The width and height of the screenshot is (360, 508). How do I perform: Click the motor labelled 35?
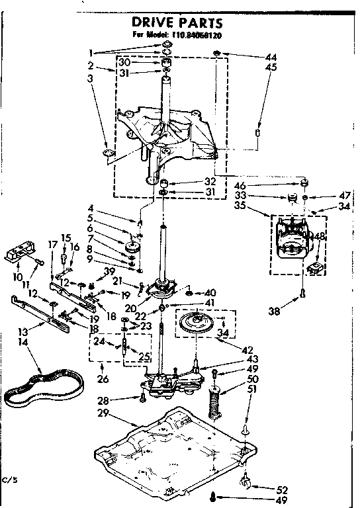292,241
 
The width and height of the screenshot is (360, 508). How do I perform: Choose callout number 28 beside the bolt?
102,400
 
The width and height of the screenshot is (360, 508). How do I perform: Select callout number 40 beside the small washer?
211,292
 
